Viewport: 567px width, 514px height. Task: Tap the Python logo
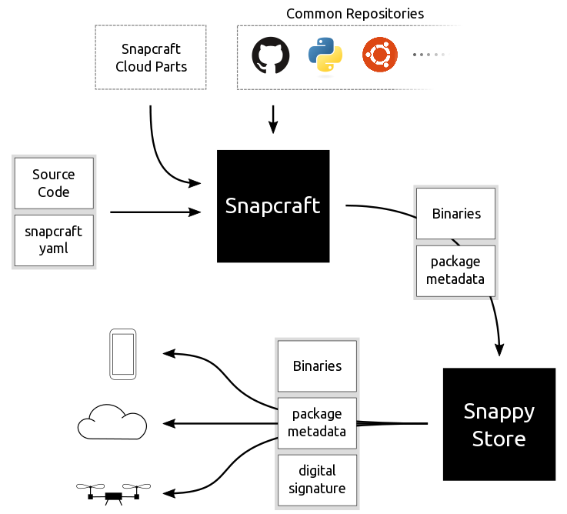[x=325, y=55]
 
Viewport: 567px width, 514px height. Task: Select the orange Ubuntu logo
[x=380, y=55]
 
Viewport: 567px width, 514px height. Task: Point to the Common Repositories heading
[x=355, y=14]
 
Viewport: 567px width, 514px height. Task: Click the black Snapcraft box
[x=273, y=205]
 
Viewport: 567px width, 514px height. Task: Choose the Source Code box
[x=54, y=183]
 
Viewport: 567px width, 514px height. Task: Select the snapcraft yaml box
[x=54, y=240]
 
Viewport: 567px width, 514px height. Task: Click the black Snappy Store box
[x=499, y=424]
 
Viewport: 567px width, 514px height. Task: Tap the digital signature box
[x=317, y=479]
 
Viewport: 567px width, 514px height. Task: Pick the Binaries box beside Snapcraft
[x=456, y=213]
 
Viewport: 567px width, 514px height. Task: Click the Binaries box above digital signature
[x=317, y=365]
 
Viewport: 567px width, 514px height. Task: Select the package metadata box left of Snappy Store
[x=317, y=422]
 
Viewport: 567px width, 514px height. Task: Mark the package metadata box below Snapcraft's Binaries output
[x=456, y=270]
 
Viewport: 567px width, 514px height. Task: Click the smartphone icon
[x=123, y=354]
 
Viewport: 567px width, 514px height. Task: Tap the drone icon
[x=114, y=492]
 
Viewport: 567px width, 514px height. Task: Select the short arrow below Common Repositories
[x=273, y=119]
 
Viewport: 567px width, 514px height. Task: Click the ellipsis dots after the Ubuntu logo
[x=429, y=55]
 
